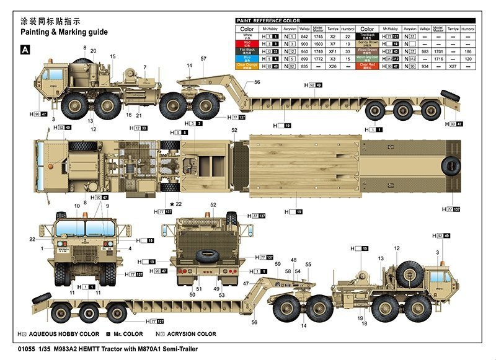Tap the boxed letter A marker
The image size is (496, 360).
[x=25, y=50]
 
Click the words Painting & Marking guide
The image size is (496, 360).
[x=64, y=32]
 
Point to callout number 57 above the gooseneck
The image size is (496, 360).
[x=203, y=59]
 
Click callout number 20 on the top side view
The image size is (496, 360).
[x=94, y=51]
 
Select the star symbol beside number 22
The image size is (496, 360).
[x=172, y=204]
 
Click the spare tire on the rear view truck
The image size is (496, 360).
[x=205, y=255]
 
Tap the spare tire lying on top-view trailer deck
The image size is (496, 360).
[x=451, y=164]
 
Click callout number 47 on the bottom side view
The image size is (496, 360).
[x=246, y=283]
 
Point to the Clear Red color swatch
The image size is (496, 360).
[x=367, y=66]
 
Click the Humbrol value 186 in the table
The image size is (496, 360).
[x=469, y=52]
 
